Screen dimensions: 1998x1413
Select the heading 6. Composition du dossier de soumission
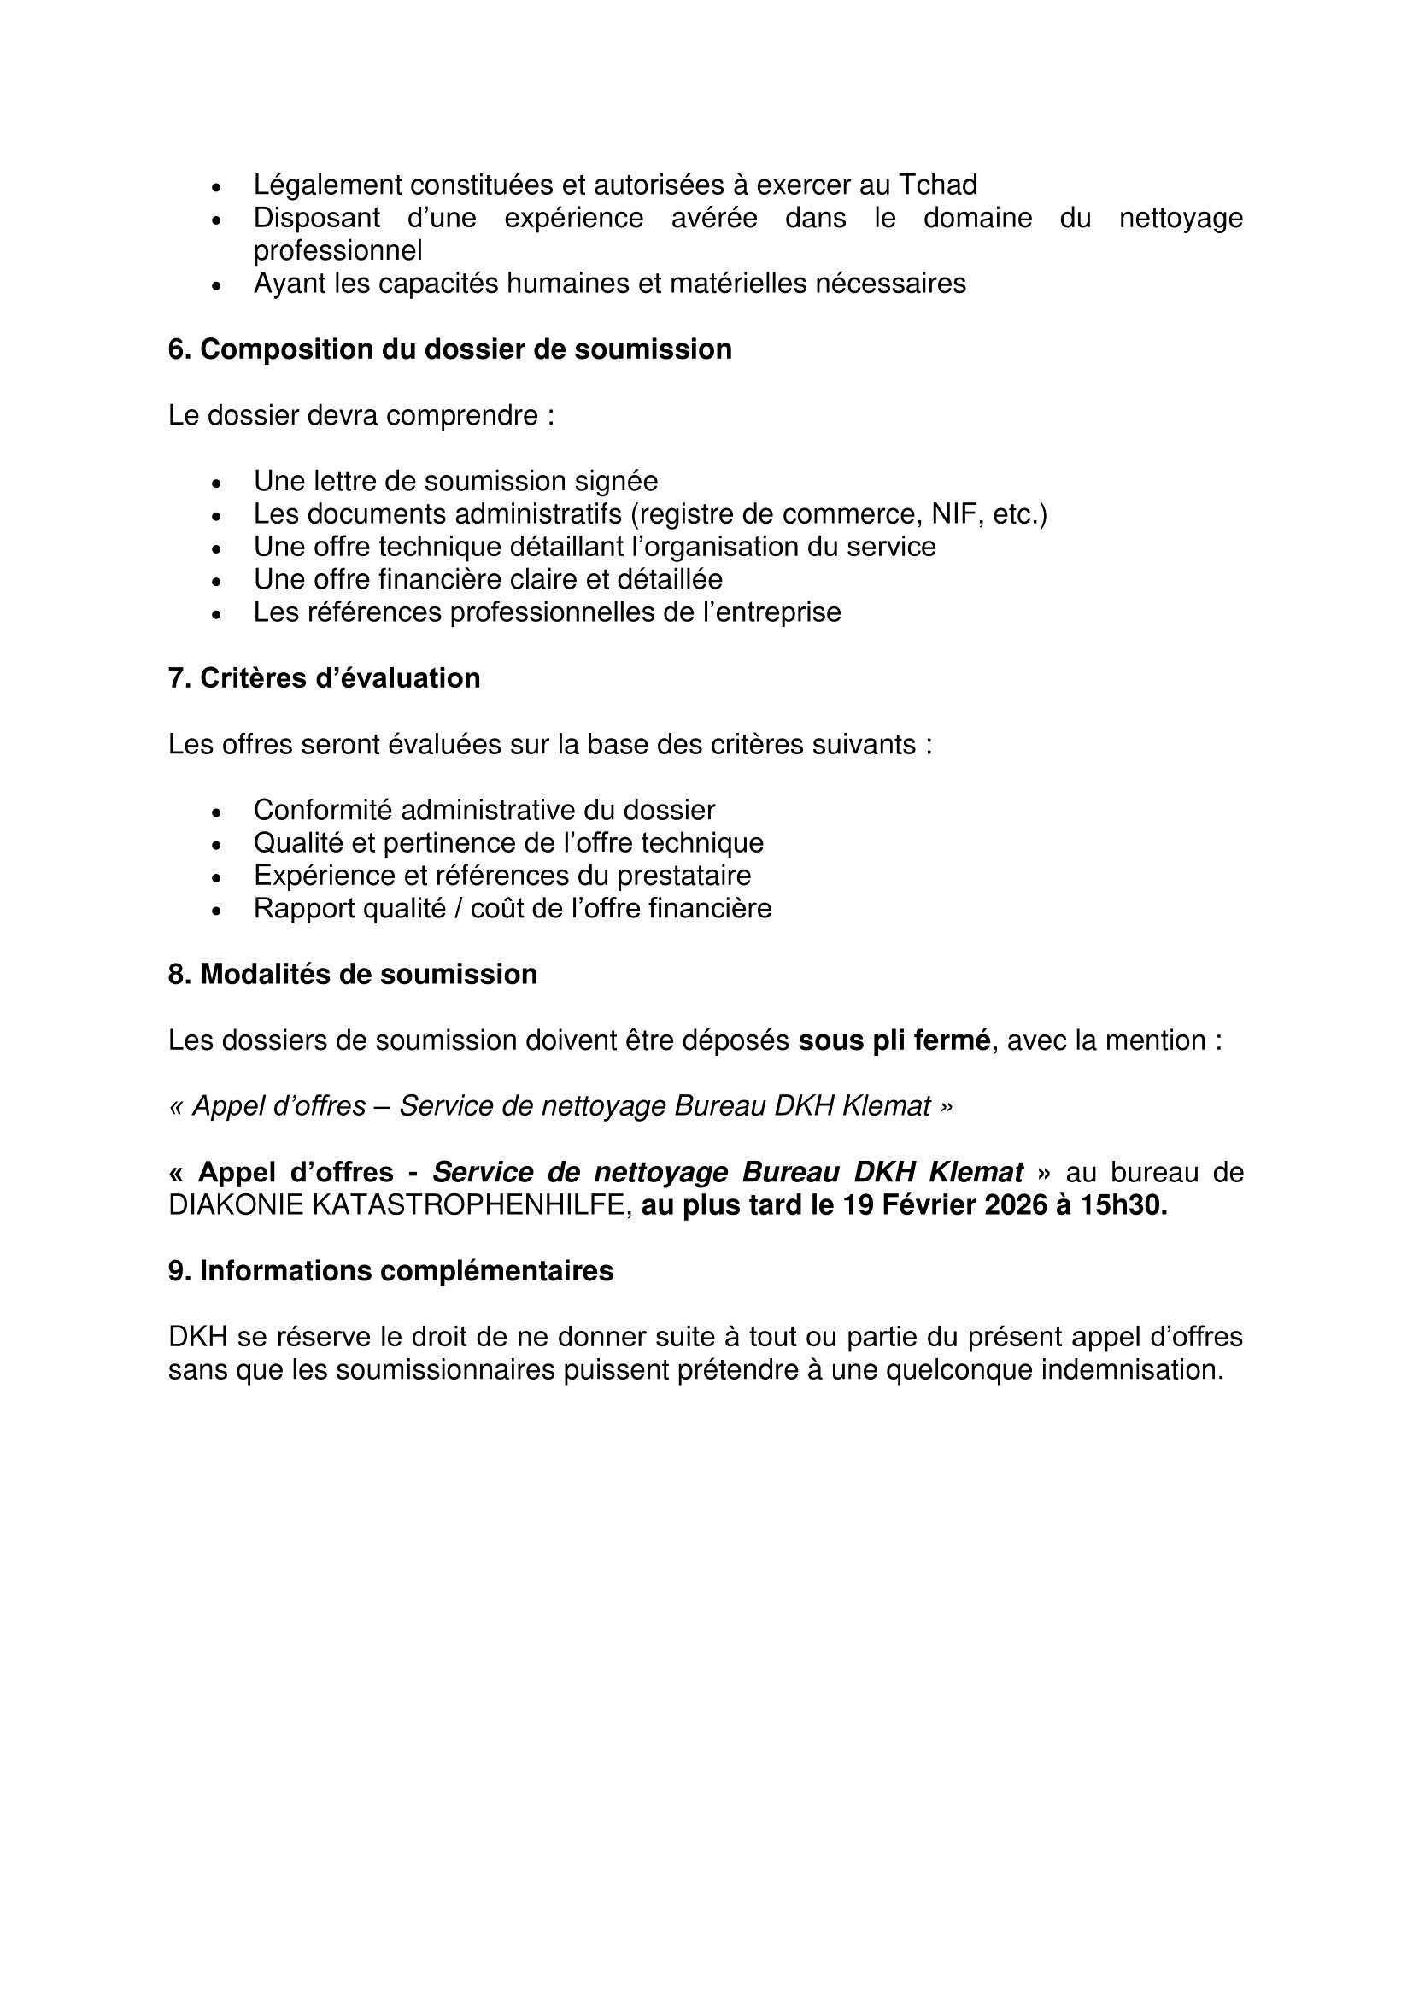450,350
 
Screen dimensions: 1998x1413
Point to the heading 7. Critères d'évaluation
324,679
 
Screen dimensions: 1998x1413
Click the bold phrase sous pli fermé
894,1040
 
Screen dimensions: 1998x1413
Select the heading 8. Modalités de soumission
352,975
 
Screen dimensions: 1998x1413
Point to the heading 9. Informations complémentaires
390,1271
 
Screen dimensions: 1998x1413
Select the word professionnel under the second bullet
337,250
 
